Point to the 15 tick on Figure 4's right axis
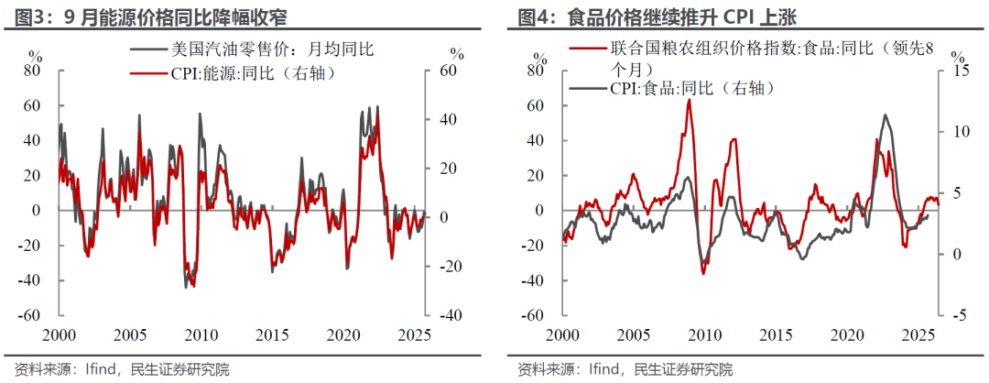click(x=960, y=71)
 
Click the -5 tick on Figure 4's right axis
click(x=960, y=315)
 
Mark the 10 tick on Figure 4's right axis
click(x=960, y=132)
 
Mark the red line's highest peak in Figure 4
click(x=689, y=99)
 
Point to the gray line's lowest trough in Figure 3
click(x=187, y=287)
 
